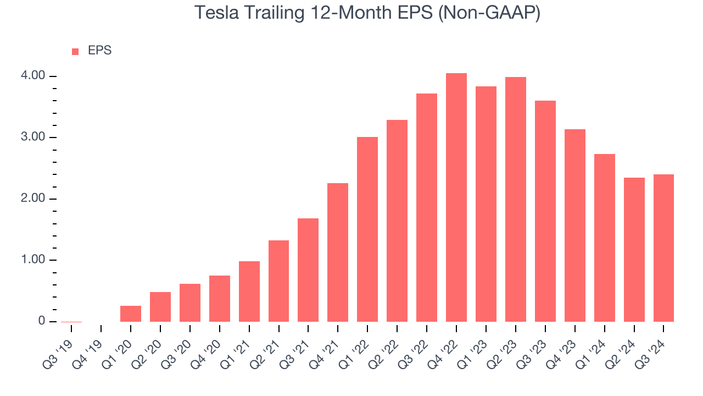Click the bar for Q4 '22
456,197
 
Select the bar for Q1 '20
131,313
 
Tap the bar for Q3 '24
663,248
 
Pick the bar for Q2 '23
516,199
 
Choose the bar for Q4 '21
338,252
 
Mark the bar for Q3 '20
190,302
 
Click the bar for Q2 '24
634,250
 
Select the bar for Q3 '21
308,270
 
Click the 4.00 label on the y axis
35,76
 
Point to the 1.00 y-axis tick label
35,260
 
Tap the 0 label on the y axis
41,321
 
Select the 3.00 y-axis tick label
35,137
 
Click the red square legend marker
75,52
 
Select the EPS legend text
99,51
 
